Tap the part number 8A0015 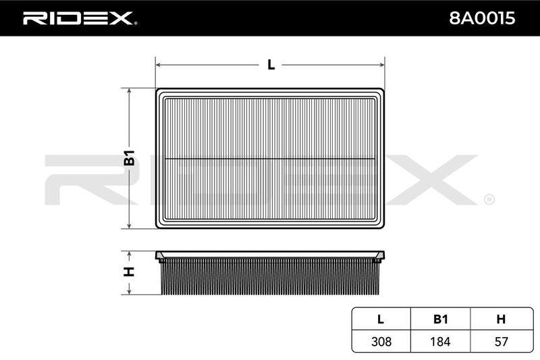pos(482,18)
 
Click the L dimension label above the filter pos(271,65)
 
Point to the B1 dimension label pos(129,158)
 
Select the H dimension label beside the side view pos(129,272)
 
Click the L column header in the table pos(381,319)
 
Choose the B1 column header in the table pos(441,319)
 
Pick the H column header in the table pos(501,319)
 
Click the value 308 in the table pos(381,341)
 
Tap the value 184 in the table pos(441,341)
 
